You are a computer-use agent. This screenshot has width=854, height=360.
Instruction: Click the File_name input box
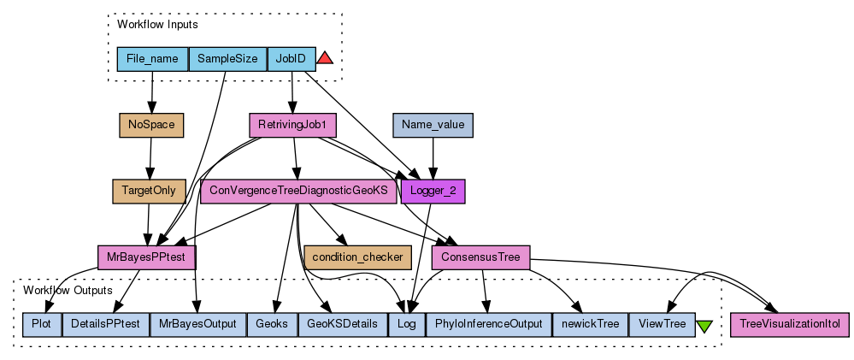click(x=152, y=59)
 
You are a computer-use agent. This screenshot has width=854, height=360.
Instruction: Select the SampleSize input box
click(x=227, y=59)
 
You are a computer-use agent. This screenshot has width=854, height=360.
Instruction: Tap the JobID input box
click(x=292, y=59)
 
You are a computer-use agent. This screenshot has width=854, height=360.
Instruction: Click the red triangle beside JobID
click(x=325, y=58)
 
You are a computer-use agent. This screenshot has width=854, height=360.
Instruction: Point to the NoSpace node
click(x=151, y=125)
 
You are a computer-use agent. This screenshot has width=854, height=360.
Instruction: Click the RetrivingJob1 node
click(x=292, y=125)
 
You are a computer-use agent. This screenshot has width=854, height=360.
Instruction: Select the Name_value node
click(x=433, y=125)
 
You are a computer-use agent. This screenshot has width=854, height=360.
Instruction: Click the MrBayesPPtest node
click(x=147, y=256)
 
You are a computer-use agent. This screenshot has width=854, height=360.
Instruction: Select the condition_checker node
click(x=358, y=256)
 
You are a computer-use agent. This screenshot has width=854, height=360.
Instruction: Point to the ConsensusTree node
click(x=480, y=256)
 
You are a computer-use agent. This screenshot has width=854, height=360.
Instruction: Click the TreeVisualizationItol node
click(x=790, y=324)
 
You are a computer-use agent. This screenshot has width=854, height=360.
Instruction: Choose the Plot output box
click(x=41, y=324)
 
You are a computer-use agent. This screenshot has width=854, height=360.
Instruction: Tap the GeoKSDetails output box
click(x=342, y=324)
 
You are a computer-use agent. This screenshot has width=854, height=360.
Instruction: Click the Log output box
click(x=406, y=324)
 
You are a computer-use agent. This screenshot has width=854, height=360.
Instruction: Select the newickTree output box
click(x=590, y=324)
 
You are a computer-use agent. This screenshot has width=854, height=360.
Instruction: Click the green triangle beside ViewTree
click(x=704, y=326)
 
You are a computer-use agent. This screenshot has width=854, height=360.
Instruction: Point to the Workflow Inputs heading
click(x=157, y=25)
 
